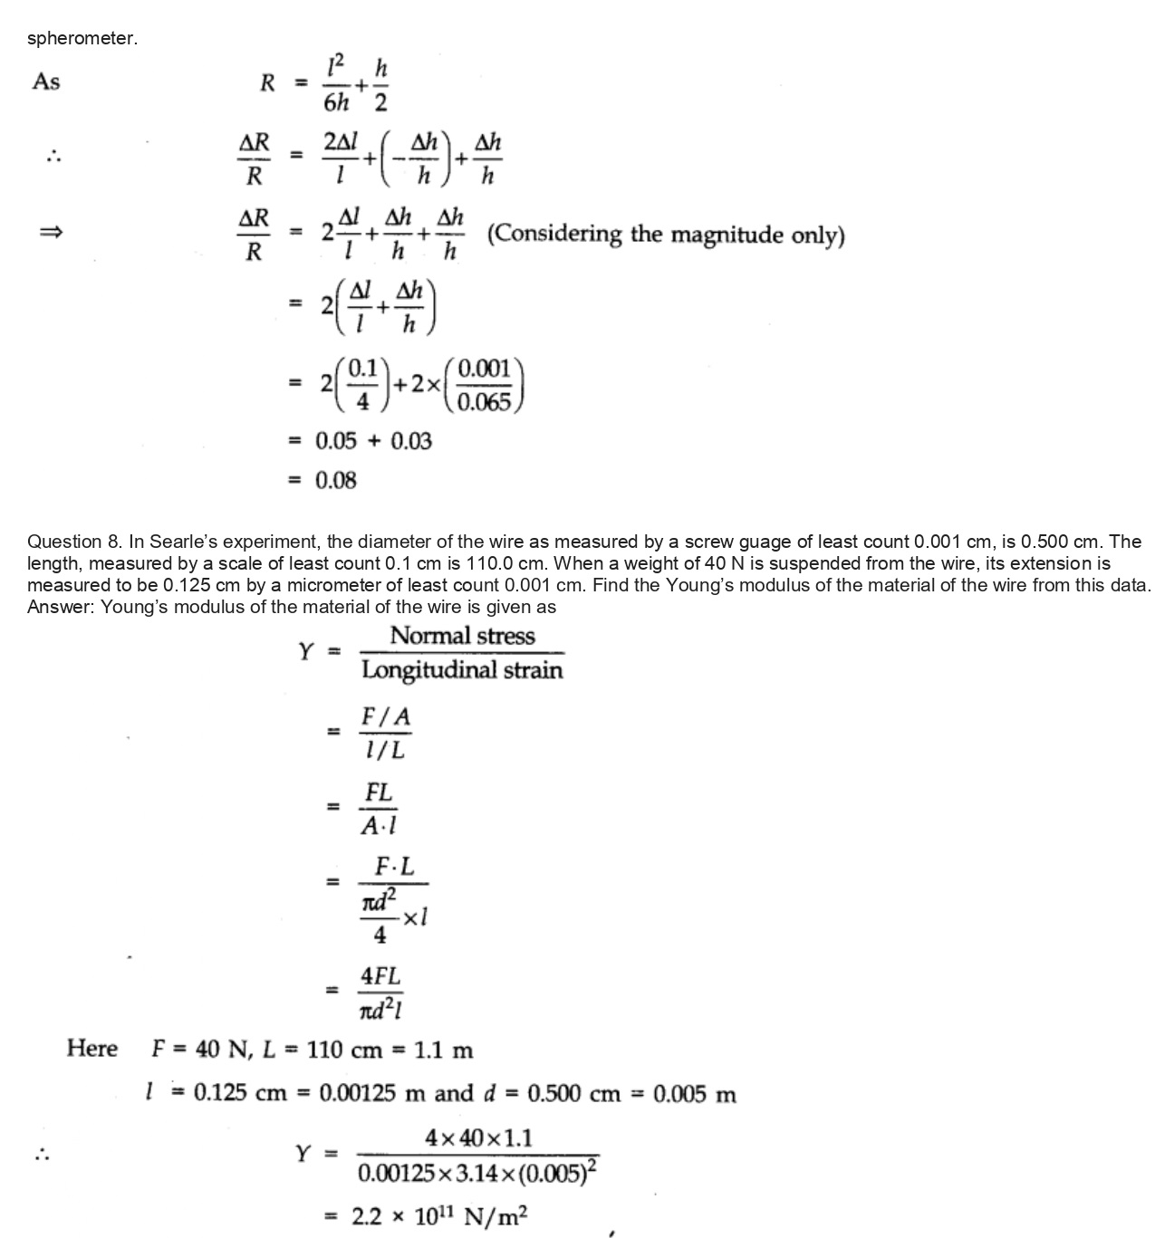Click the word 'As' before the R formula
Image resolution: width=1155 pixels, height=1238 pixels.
click(x=45, y=82)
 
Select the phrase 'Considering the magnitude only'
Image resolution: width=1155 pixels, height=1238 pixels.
click(x=666, y=235)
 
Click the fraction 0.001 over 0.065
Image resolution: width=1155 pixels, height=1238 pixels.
click(x=485, y=385)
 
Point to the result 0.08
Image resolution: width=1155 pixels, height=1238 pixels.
click(x=335, y=480)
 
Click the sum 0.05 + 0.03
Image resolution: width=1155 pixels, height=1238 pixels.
click(x=373, y=441)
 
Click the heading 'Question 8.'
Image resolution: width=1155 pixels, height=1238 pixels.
click(x=75, y=542)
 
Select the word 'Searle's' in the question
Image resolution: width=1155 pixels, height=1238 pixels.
click(x=208, y=542)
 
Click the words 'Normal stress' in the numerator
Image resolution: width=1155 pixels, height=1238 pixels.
click(x=462, y=636)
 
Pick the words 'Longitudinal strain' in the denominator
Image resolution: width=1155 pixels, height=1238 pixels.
click(x=462, y=670)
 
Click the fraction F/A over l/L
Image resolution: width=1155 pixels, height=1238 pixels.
click(x=385, y=733)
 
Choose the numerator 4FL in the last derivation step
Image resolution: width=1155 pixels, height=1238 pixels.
click(x=380, y=976)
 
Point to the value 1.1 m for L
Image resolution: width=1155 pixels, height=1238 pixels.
click(x=443, y=1051)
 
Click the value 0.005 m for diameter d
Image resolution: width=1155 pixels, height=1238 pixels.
click(x=694, y=1094)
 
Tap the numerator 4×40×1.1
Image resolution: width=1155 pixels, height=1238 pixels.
click(x=478, y=1137)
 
